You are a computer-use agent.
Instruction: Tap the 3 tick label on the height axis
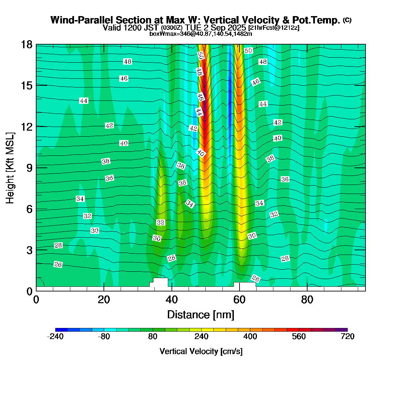[29, 250]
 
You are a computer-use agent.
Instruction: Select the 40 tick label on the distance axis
[172, 299]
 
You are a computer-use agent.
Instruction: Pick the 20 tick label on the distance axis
[104, 299]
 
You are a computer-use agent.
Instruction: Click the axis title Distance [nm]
[200, 315]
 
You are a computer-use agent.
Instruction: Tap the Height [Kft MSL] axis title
[10, 168]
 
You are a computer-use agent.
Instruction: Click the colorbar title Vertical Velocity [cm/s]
[201, 351]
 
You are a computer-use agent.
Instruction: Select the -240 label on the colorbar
[55, 337]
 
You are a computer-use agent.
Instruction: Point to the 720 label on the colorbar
[347, 337]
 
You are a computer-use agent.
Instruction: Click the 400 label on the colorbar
[250, 337]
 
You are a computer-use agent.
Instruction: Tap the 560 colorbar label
[299, 337]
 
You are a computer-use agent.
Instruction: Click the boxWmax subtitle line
[201, 33]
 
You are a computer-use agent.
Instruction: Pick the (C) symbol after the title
[347, 20]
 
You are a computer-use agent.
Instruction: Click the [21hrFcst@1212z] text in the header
[274, 28]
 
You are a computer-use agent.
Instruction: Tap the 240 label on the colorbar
[201, 337]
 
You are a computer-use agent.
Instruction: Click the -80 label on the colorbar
[104, 337]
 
